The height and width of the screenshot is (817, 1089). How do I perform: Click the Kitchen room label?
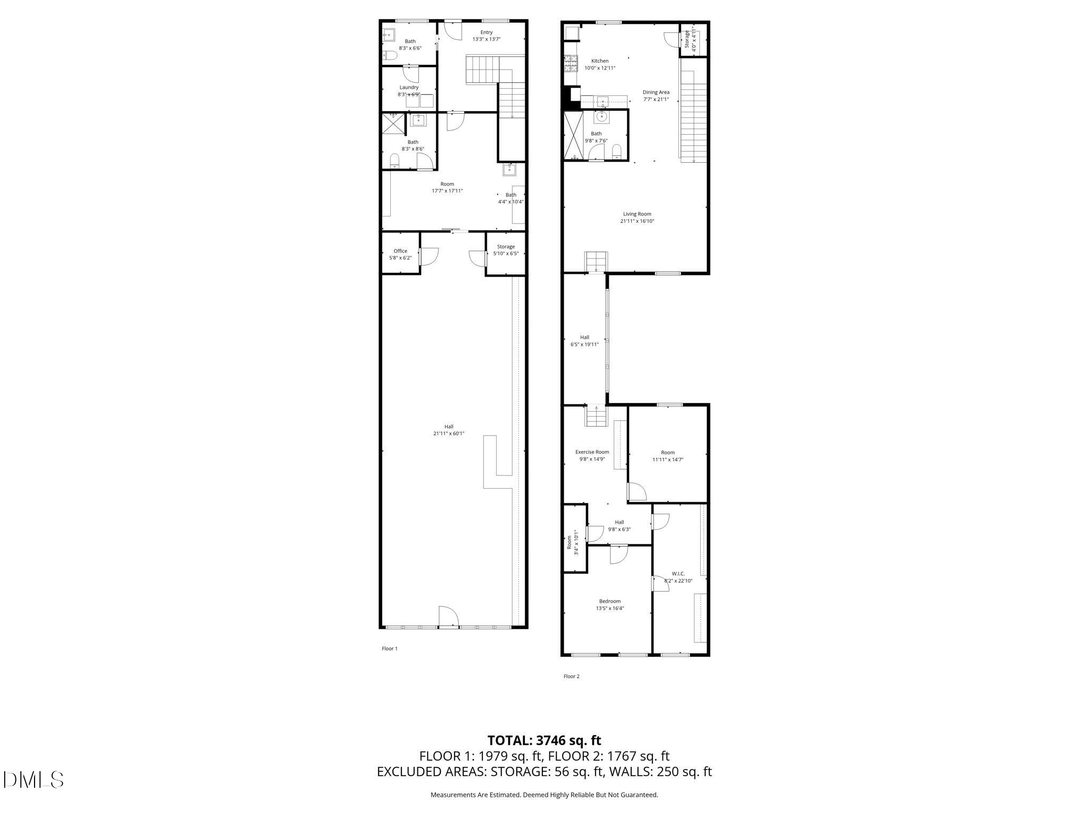click(599, 61)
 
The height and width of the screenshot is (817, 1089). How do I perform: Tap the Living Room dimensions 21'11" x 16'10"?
click(637, 221)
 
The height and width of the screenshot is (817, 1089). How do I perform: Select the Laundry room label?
click(409, 88)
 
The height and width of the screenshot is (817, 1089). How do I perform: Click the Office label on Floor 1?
click(400, 251)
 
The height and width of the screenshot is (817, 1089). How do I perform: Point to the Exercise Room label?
click(592, 452)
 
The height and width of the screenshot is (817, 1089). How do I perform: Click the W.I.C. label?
click(678, 574)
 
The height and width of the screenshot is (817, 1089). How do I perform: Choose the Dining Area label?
click(656, 93)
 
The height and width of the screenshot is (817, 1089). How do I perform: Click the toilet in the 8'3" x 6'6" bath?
click(391, 55)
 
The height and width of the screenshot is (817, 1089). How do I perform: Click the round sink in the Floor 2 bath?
click(602, 116)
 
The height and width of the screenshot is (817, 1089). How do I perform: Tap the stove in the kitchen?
click(571, 64)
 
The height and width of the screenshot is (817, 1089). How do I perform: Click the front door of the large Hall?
click(448, 617)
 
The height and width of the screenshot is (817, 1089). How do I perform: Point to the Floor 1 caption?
click(389, 648)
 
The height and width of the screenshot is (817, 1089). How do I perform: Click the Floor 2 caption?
click(571, 677)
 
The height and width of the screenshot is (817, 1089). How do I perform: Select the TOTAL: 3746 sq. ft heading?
click(544, 740)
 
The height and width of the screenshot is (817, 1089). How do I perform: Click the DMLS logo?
click(33, 780)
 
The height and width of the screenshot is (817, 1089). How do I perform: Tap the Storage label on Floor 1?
click(506, 247)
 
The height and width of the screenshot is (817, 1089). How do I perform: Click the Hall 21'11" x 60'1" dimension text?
click(448, 433)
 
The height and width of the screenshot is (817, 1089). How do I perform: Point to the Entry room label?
click(486, 32)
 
